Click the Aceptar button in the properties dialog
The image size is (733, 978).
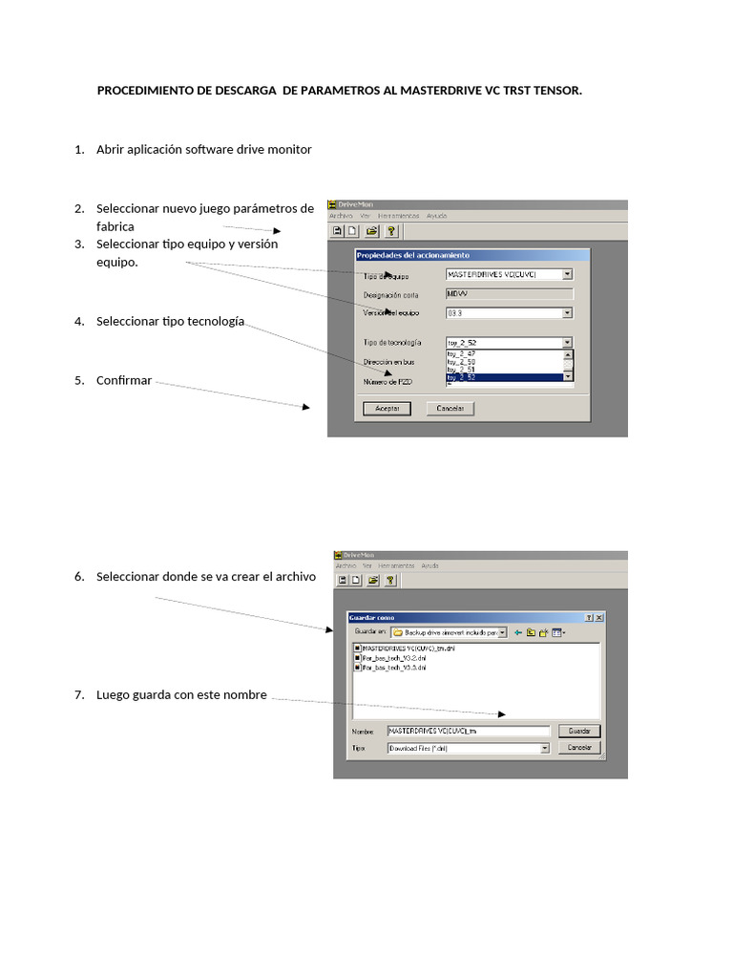point(387,408)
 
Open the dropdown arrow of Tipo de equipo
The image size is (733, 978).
point(567,274)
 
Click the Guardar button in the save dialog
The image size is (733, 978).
point(579,731)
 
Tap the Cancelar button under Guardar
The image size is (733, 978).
point(579,748)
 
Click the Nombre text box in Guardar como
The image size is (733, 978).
point(468,731)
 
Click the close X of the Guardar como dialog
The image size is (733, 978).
point(599,618)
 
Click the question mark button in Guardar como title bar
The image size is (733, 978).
point(588,618)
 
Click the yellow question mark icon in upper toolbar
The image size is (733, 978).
point(390,230)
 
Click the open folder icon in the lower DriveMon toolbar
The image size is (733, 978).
point(373,580)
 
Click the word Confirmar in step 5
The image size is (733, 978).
point(124,380)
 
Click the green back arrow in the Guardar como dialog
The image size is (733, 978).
point(518,632)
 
